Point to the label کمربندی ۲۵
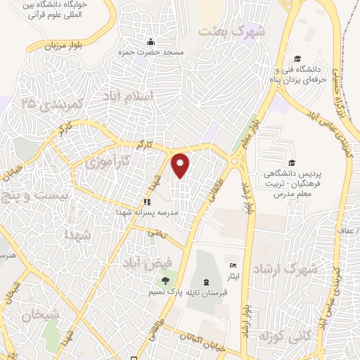click(x=48, y=105)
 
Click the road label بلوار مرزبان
click(x=60, y=46)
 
